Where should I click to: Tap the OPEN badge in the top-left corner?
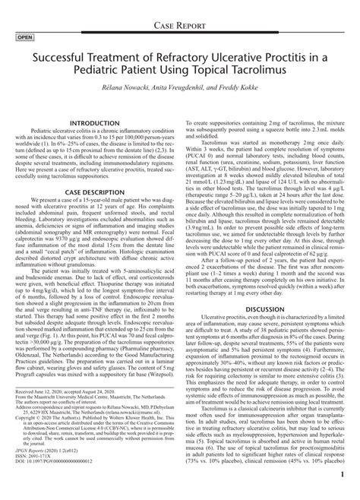coord(24,36)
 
